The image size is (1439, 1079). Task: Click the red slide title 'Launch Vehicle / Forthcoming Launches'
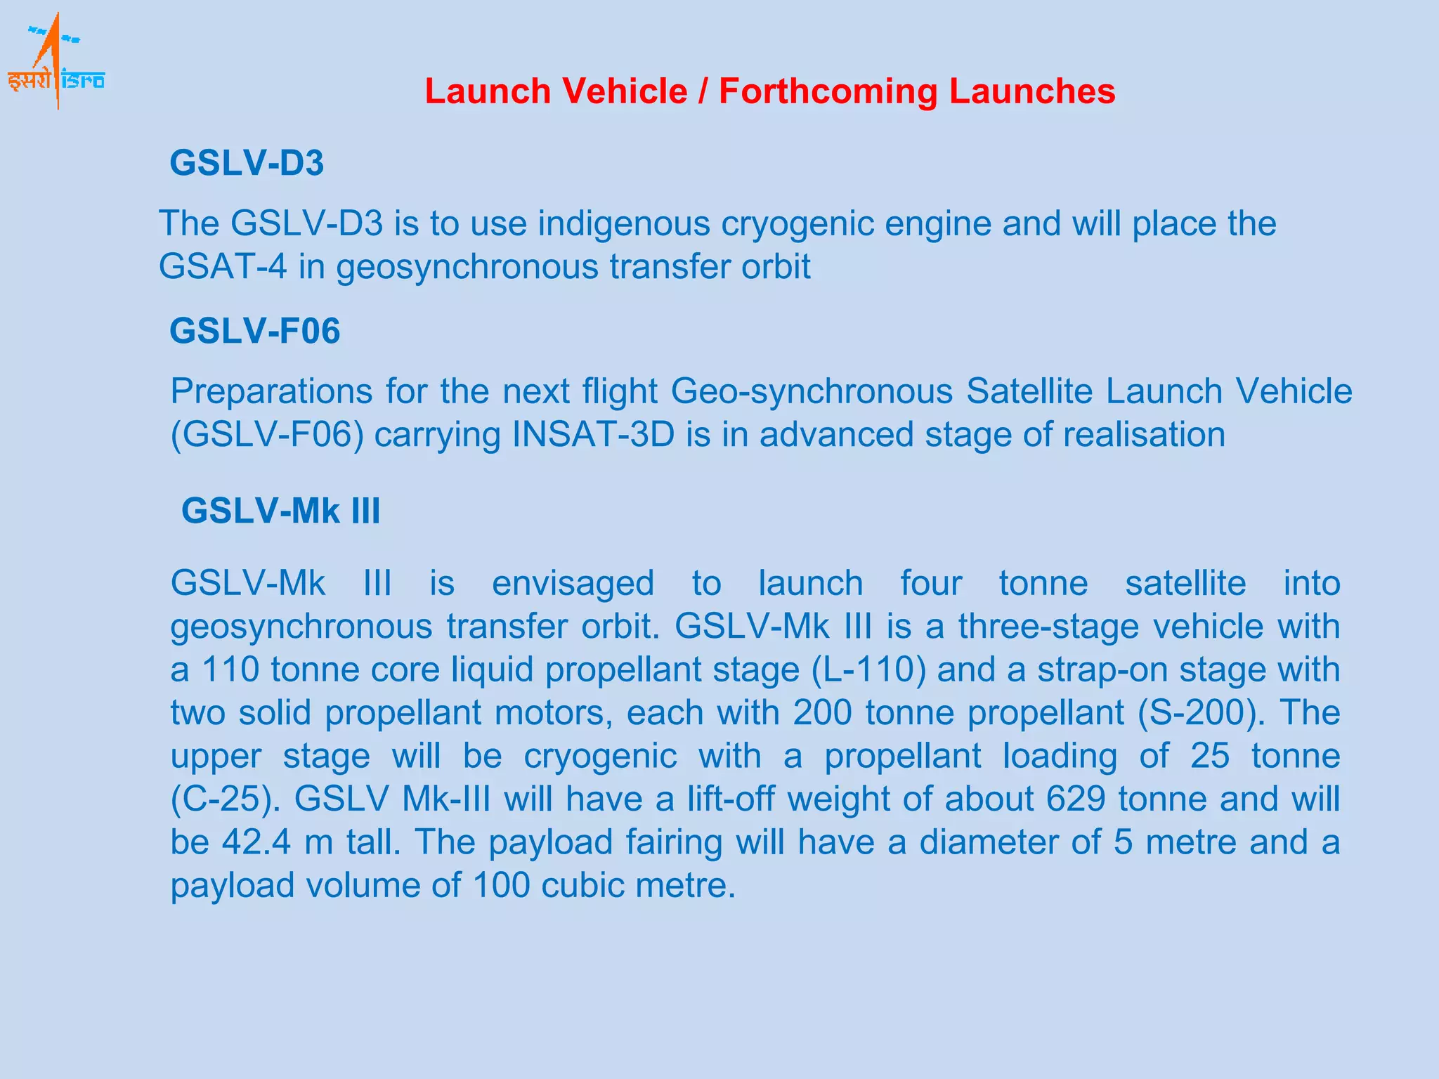pos(769,91)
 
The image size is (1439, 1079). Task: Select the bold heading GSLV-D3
pos(247,163)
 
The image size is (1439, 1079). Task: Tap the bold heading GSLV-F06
pos(254,331)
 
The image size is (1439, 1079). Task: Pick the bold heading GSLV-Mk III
pos(280,511)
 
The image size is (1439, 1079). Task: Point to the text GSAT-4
pos(222,267)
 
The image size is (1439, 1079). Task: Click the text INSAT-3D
pos(593,435)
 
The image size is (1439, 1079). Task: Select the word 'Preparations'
pos(271,392)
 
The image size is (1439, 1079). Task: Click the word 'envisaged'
pos(573,584)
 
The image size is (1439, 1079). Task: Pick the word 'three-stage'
pos(1048,627)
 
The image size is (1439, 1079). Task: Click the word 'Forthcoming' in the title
pos(828,91)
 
